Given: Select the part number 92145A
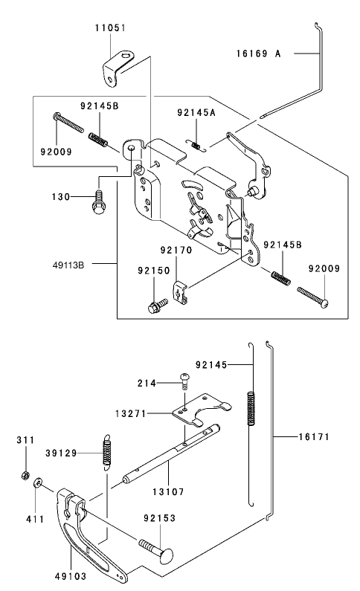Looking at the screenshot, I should coord(196,112).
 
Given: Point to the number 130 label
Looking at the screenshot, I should coord(60,196).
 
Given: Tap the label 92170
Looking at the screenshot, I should coord(177,251).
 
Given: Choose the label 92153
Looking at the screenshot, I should coord(160,517).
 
